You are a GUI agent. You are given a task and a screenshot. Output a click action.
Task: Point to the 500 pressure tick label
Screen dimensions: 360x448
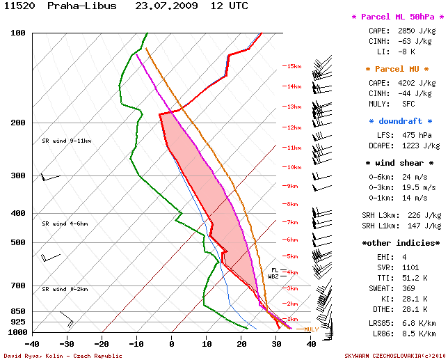pos(18,242)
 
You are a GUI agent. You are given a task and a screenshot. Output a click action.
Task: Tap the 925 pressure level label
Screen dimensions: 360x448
pos(18,322)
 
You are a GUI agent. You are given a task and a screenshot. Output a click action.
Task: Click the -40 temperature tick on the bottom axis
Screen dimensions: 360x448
pos(32,343)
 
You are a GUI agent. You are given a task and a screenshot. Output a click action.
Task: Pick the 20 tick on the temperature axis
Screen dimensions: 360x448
pos(241,343)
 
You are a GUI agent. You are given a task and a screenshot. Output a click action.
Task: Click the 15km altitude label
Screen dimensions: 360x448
pos(292,66)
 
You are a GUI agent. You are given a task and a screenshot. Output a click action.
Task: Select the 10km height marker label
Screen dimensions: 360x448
pos(292,167)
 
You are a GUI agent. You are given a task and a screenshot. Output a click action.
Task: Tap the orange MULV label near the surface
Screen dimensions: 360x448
pos(311,329)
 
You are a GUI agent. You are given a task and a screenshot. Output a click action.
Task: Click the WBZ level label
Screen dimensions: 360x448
pos(273,276)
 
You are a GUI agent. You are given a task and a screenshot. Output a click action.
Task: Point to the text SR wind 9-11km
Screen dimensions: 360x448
pos(66,141)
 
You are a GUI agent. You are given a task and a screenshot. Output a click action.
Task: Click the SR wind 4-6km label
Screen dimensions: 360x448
pos(65,224)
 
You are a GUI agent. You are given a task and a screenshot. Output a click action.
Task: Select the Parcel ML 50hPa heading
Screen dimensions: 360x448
pos(397,17)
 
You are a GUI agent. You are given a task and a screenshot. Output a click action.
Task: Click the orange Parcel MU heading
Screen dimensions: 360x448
pos(397,69)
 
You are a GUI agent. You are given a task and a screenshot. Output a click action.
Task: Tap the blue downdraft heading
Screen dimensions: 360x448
pos(397,121)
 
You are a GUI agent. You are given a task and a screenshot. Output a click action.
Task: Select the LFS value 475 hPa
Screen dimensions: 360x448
pos(414,135)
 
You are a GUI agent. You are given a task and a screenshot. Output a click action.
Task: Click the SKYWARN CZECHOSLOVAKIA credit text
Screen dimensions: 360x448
pos(397,355)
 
